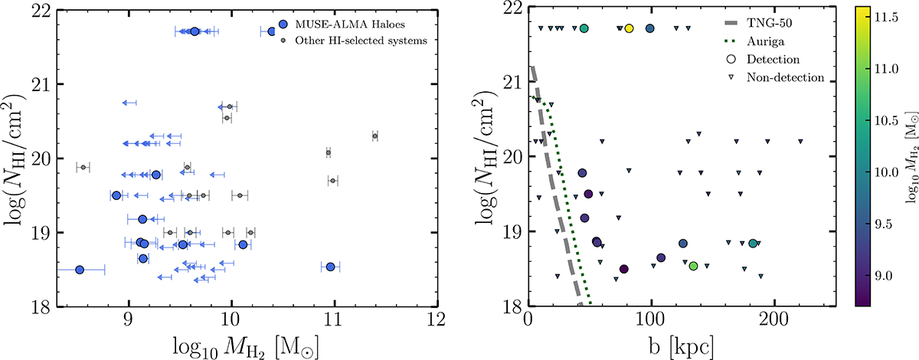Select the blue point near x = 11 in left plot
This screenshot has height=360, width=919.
[330, 267]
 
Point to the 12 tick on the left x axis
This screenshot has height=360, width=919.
[437, 322]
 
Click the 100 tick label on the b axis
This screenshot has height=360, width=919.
[651, 322]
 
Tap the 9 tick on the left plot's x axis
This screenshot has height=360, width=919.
[128, 322]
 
